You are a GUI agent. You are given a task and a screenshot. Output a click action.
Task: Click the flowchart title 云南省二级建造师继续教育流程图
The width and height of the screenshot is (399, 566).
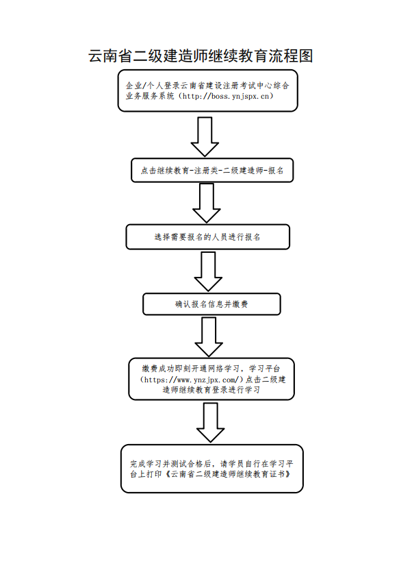pos(201,56)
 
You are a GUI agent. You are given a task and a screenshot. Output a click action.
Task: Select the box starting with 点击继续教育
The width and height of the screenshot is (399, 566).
pos(212,171)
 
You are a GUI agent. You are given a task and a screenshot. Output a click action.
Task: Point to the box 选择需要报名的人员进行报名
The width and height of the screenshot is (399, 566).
pos(207,237)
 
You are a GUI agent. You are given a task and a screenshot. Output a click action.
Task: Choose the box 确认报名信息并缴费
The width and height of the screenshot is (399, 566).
pos(211,304)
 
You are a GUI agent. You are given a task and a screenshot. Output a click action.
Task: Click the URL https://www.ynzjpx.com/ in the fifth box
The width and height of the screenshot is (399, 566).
pos(192,380)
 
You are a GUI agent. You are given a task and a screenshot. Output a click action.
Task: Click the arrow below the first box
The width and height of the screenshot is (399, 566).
pos(205,136)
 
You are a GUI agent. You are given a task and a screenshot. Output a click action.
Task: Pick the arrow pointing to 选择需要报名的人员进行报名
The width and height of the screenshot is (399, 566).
pos(207,203)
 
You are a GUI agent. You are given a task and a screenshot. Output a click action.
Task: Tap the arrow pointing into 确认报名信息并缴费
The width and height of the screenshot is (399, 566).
pos(208,271)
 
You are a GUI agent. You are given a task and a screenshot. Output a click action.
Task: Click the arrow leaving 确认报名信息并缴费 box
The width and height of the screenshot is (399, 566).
pos(209,336)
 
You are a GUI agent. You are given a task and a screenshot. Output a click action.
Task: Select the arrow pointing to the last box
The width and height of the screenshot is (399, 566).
pos(211,423)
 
